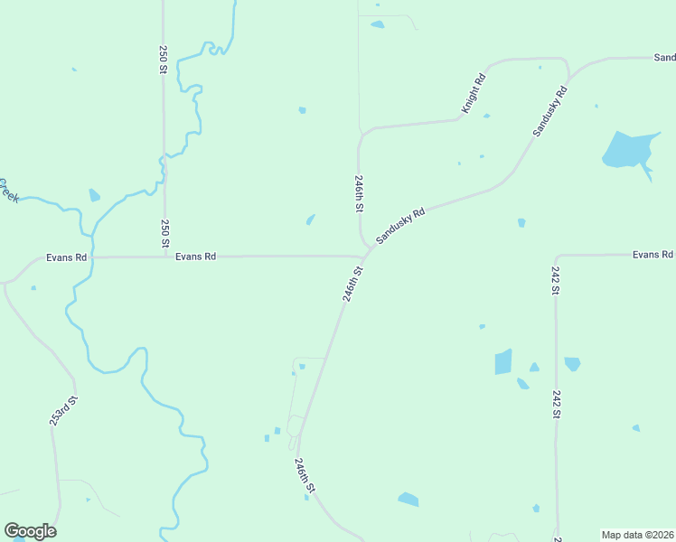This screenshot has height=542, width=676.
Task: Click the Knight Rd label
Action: [x=474, y=92]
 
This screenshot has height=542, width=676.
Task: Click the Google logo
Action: [x=30, y=531]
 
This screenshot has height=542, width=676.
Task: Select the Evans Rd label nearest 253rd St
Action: [x=67, y=257]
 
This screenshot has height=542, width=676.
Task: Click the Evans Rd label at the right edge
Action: [x=653, y=255]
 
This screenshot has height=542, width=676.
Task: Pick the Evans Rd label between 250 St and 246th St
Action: [x=195, y=257]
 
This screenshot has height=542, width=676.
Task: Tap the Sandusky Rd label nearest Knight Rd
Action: [x=549, y=111]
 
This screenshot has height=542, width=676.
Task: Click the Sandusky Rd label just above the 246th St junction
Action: [x=400, y=226]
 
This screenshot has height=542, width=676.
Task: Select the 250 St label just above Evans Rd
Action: [x=164, y=234]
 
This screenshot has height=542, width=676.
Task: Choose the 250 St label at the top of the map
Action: [x=164, y=59]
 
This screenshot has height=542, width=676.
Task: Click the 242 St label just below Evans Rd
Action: [x=555, y=281]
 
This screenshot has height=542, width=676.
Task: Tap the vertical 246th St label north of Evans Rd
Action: [x=360, y=193]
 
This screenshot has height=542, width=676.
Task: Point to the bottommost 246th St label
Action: [x=305, y=475]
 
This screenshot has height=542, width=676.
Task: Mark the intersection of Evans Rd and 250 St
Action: [x=164, y=257]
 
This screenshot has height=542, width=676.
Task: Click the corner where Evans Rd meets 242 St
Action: [x=556, y=256]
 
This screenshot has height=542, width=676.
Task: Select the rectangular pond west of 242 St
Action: [x=503, y=361]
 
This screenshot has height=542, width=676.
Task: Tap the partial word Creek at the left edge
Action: [x=8, y=189]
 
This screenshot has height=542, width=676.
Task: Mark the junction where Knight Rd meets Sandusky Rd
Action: [x=568, y=75]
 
